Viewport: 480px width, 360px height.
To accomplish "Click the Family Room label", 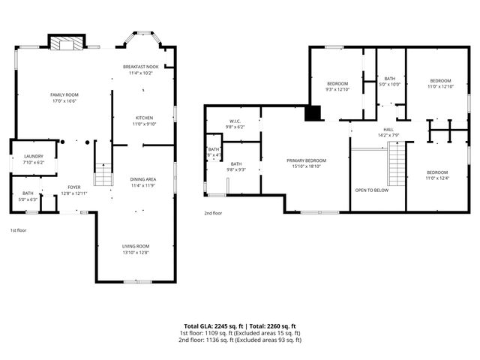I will (64, 94).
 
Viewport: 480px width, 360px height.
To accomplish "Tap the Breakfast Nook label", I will (140, 67).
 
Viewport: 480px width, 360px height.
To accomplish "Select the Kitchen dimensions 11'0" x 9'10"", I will (144, 124).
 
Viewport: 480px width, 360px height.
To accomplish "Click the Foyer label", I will (73, 187).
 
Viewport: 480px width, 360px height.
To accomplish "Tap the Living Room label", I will (136, 246).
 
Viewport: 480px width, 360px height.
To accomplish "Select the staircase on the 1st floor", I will (103, 175).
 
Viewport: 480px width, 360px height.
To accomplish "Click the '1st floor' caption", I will (19, 230).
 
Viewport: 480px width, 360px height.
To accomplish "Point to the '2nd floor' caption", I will (214, 213).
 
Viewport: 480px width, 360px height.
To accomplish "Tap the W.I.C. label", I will (235, 121).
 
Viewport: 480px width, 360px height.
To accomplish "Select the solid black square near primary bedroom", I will (313, 113).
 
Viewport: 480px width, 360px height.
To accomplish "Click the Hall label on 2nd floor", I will (388, 129).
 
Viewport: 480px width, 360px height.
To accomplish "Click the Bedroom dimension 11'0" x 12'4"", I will (440, 177).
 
